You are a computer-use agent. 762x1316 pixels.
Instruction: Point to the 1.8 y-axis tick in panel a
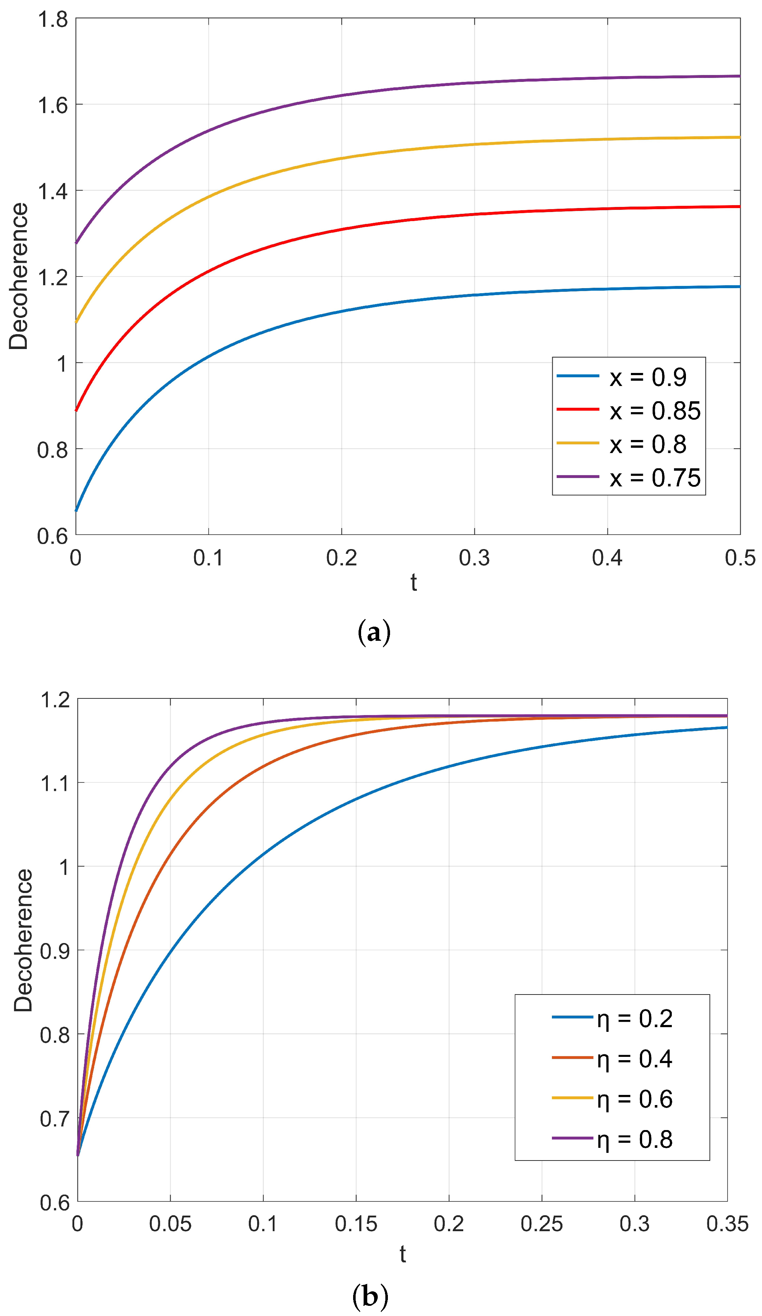(53, 19)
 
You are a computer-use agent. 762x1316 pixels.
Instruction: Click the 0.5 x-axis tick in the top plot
(740, 558)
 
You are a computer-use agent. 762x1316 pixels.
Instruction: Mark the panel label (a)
(374, 632)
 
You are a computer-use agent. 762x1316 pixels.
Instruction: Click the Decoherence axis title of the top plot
(19, 276)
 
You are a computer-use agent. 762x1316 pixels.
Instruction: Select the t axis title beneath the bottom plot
(402, 1254)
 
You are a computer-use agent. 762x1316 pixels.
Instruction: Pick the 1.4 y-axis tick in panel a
(53, 191)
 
